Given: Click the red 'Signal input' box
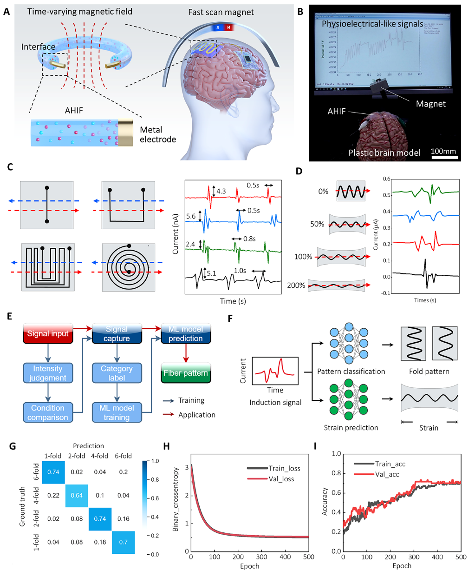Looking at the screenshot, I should tap(47, 334).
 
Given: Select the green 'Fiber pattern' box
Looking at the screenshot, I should tap(185, 373).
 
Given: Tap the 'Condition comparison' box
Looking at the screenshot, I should tap(47, 412).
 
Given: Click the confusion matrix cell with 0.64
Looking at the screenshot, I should tap(77, 482).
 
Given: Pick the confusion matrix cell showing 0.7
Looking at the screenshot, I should tap(123, 542).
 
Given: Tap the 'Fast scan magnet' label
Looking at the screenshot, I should tap(221, 13).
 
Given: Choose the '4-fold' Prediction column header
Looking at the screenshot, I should tap(100, 456).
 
